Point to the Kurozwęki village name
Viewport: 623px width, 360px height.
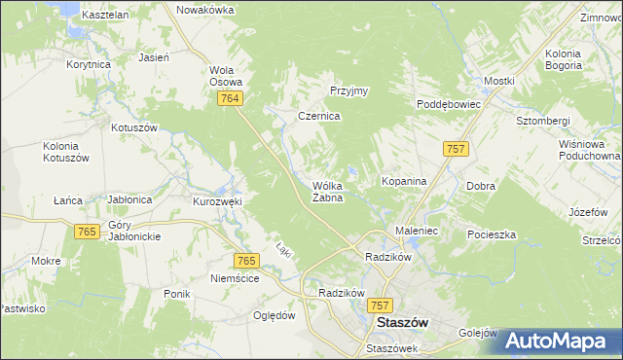pyautogui.click(x=217, y=201)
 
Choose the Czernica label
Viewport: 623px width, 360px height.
pyautogui.click(x=318, y=116)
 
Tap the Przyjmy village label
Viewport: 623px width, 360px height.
pyautogui.click(x=348, y=91)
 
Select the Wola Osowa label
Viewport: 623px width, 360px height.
pyautogui.click(x=226, y=76)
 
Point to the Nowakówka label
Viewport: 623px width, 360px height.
pyautogui.click(x=205, y=10)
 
